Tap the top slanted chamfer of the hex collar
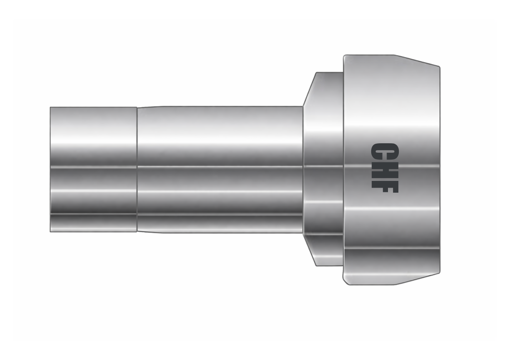[310, 89]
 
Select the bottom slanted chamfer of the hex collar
[310, 250]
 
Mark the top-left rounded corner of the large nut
[344, 57]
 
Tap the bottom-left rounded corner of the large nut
[344, 283]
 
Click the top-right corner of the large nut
[439, 67]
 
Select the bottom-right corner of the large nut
[439, 273]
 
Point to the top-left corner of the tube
[50, 107]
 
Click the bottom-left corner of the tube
[50, 232]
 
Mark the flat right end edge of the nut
[439, 170]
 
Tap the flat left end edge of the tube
[50, 170]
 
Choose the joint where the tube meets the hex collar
[303, 170]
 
